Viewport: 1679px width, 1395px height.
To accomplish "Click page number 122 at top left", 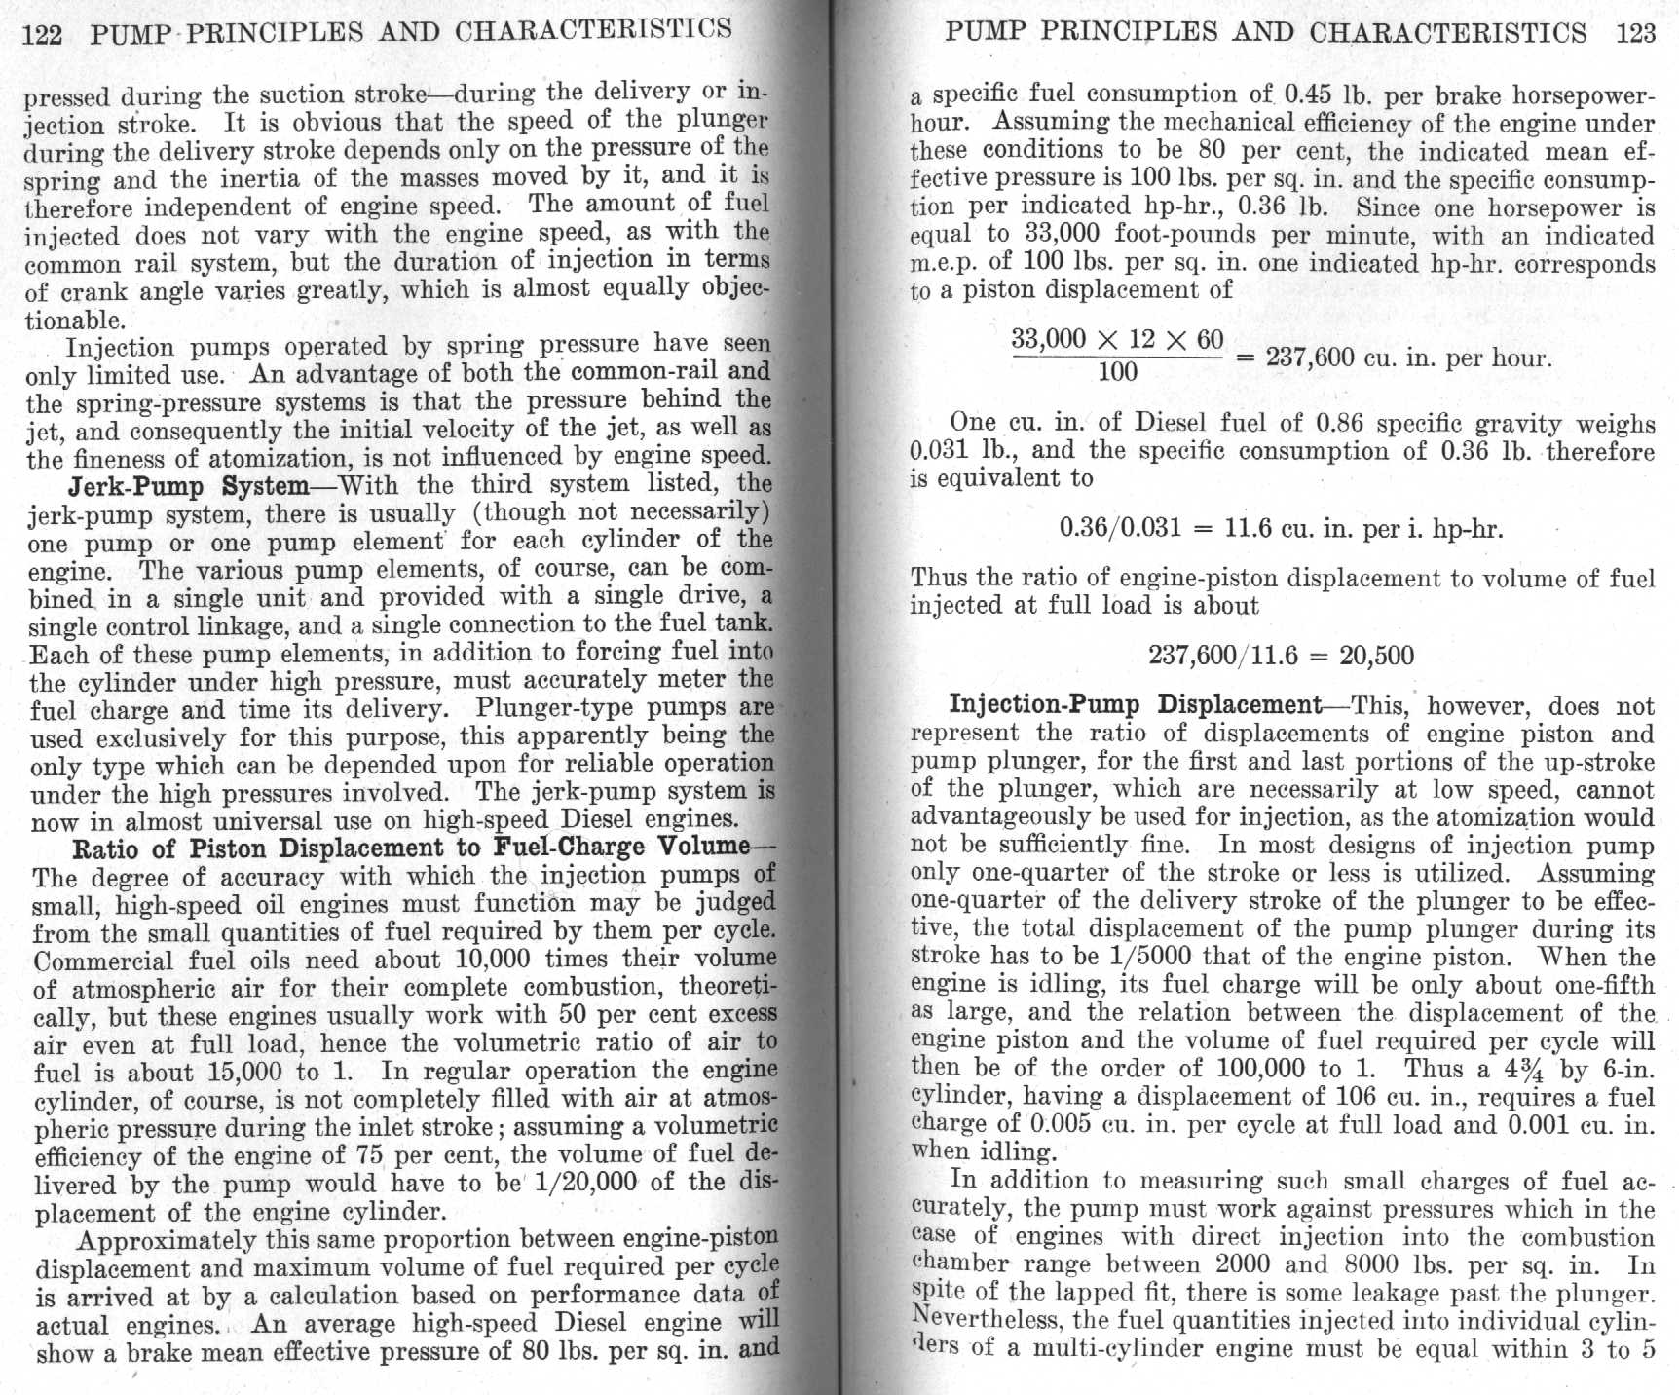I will pos(42,35).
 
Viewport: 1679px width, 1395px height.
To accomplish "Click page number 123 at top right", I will pos(1635,33).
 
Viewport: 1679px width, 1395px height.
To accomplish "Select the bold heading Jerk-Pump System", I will pos(188,486).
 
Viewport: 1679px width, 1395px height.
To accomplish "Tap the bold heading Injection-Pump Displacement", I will pos(1136,704).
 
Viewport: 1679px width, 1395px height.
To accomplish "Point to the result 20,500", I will pos(1376,655).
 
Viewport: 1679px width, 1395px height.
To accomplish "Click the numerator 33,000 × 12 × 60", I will pos(1117,339).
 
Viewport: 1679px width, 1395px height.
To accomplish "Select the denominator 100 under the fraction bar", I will pos(1117,371).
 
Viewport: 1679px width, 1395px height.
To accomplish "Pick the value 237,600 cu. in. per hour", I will pos(1407,358).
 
